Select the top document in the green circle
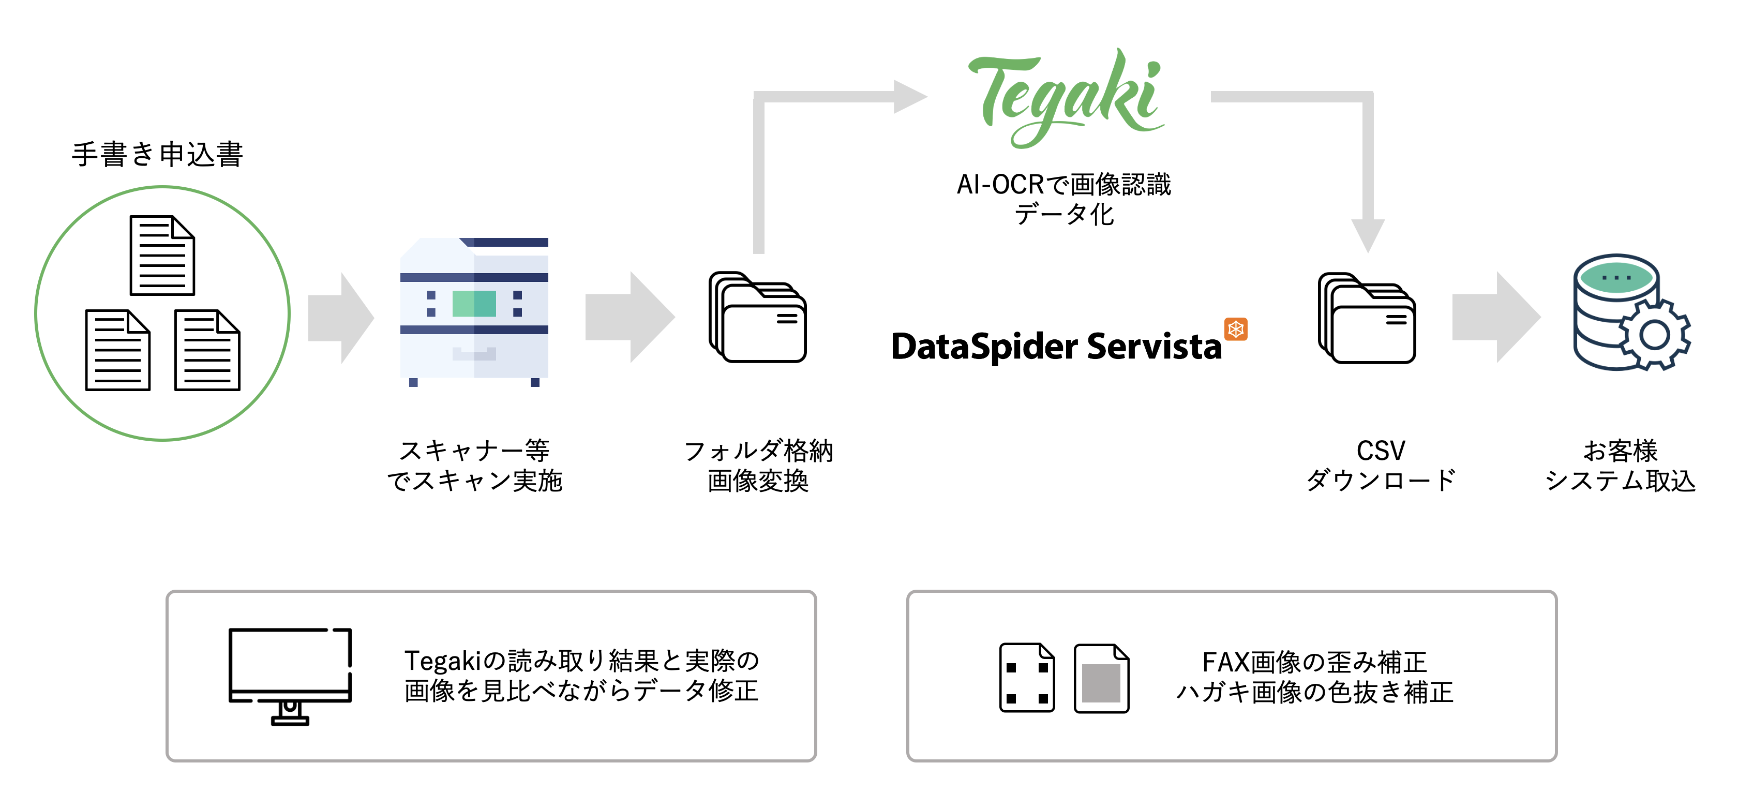(162, 256)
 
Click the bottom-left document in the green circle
(117, 350)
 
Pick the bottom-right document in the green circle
(207, 350)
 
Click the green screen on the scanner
(474, 304)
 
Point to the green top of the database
(1616, 277)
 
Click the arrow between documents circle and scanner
(341, 318)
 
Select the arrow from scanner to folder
(630, 318)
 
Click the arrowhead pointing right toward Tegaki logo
(909, 96)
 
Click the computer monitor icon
(290, 675)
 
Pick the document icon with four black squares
(1027, 678)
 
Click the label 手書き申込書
(157, 155)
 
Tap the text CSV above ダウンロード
(1381, 451)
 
